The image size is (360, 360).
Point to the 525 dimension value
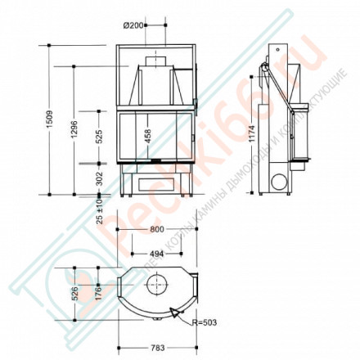pos(99,136)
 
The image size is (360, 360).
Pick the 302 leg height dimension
pos(99,178)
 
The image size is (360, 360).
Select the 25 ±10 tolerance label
pos(99,209)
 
